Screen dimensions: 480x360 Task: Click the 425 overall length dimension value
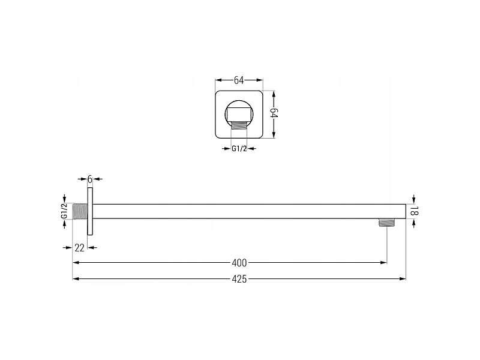tap(239, 279)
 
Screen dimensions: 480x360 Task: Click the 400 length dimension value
tap(239, 263)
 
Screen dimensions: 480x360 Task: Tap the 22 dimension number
tap(79, 248)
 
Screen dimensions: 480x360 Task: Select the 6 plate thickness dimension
tap(89, 179)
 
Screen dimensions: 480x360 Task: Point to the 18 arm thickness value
tap(414, 211)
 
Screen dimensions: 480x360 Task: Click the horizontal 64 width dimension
tap(239, 80)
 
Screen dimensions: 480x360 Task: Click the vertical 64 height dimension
tap(274, 113)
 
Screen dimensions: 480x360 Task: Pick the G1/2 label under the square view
tap(239, 149)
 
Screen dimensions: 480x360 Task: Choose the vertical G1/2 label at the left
tap(64, 211)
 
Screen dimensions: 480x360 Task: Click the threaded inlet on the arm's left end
tap(80, 211)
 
